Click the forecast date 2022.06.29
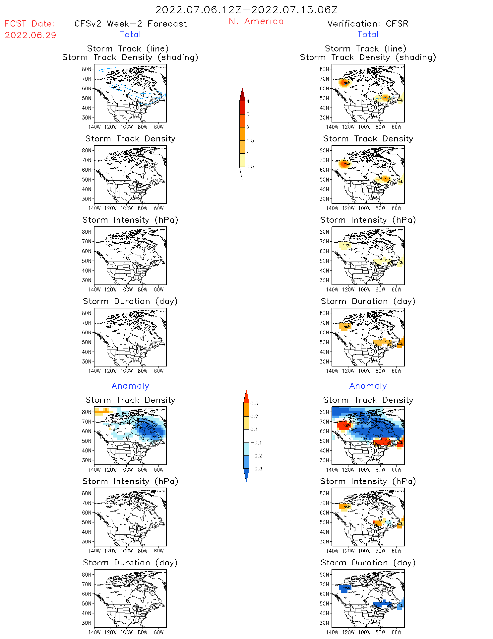pyautogui.click(x=31, y=35)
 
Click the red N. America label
pyautogui.click(x=256, y=21)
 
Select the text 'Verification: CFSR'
pyautogui.click(x=368, y=24)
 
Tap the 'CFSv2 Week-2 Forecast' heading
pyautogui.click(x=131, y=24)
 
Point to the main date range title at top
pyautogui.click(x=246, y=10)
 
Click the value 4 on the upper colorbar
pyautogui.click(x=248, y=102)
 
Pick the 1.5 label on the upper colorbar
pyautogui.click(x=250, y=140)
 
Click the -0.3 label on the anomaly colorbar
pyautogui.click(x=256, y=469)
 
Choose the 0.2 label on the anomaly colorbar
pyautogui.click(x=254, y=416)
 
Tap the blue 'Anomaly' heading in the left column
pyautogui.click(x=130, y=386)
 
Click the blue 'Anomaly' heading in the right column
pyautogui.click(x=368, y=386)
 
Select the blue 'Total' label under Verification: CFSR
pyautogui.click(x=368, y=34)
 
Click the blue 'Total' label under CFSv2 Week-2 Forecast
pyautogui.click(x=130, y=34)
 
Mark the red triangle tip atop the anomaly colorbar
pyautogui.click(x=246, y=396)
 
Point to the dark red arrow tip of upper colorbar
pyautogui.click(x=242, y=94)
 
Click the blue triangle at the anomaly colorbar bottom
pyautogui.click(x=246, y=475)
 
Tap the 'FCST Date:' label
pyautogui.click(x=30, y=24)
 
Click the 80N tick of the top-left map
pyautogui.click(x=86, y=69)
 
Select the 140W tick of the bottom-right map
pyautogui.click(x=332, y=632)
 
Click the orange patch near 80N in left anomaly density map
pyautogui.click(x=102, y=412)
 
